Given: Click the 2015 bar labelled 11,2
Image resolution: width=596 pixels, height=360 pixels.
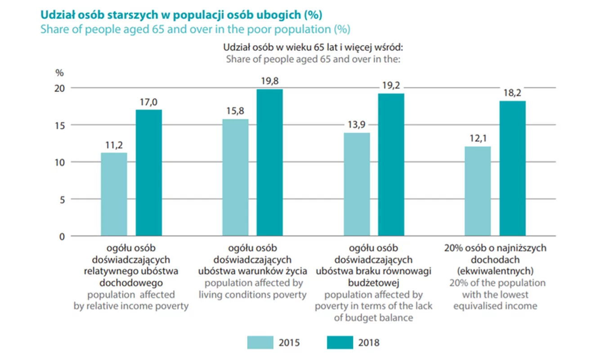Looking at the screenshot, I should click(x=114, y=194).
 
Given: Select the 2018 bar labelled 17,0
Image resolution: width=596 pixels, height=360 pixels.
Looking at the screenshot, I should click(x=149, y=173).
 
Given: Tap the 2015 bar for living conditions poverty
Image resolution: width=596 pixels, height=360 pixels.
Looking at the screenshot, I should click(x=235, y=177).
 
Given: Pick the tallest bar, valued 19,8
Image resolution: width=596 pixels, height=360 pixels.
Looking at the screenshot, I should click(x=270, y=162).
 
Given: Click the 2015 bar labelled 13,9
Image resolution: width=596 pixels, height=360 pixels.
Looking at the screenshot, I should click(x=357, y=184).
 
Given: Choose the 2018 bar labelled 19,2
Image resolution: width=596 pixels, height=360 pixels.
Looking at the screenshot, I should click(x=391, y=165).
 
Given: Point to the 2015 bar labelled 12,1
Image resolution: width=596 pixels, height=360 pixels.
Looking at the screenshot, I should click(x=478, y=191).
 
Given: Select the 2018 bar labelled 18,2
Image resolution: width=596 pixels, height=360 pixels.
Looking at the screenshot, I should click(x=512, y=168).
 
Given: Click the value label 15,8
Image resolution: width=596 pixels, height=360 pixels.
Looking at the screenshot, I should click(x=235, y=110).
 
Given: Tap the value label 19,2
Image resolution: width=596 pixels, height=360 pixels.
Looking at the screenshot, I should click(x=391, y=85).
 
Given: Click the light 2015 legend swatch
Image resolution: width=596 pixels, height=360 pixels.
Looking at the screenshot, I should click(x=260, y=342).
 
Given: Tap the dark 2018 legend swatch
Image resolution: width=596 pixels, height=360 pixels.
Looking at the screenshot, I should click(x=340, y=342).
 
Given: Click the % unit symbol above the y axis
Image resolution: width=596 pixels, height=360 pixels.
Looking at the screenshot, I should click(x=59, y=72).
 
